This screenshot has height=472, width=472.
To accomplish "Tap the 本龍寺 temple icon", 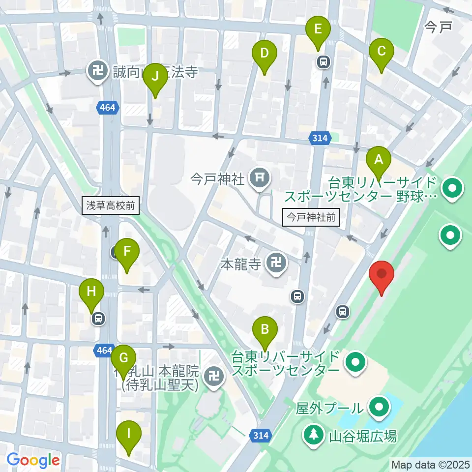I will pyautogui.click(x=276, y=264).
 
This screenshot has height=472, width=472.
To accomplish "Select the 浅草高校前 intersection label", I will pyautogui.click(x=111, y=205).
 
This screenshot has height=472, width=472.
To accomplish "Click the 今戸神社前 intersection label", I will pyautogui.click(x=312, y=216).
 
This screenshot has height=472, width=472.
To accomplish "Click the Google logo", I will pyautogui.click(x=33, y=460).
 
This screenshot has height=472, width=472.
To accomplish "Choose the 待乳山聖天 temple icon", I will pyautogui.click(x=214, y=377).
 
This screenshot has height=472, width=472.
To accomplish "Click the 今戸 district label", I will pyautogui.click(x=438, y=27).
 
